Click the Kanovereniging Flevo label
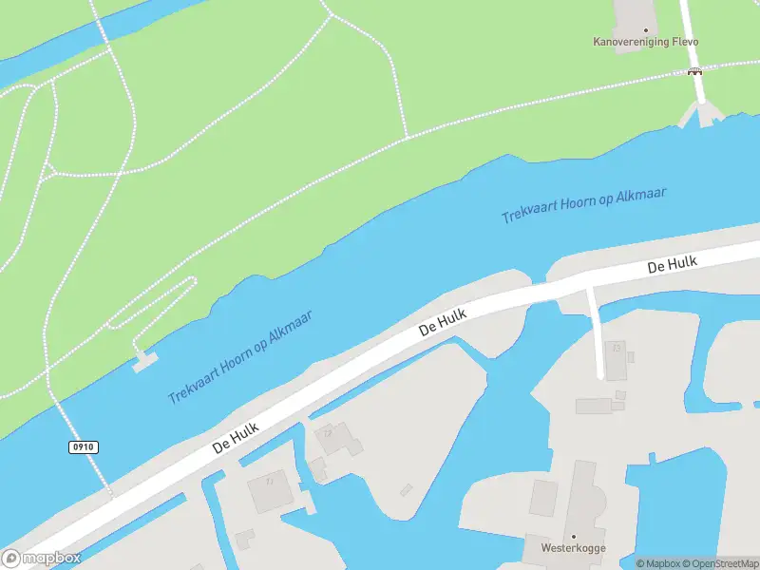click(645, 42)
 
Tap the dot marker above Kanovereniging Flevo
click(646, 29)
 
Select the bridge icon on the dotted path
click(695, 71)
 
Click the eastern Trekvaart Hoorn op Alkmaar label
click(584, 205)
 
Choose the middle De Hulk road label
click(443, 321)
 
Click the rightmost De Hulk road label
click(673, 263)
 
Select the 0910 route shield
click(84, 446)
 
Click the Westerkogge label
click(573, 548)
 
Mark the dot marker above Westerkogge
click(573, 536)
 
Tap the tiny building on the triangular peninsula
click(407, 489)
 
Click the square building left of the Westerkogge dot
click(542, 498)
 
